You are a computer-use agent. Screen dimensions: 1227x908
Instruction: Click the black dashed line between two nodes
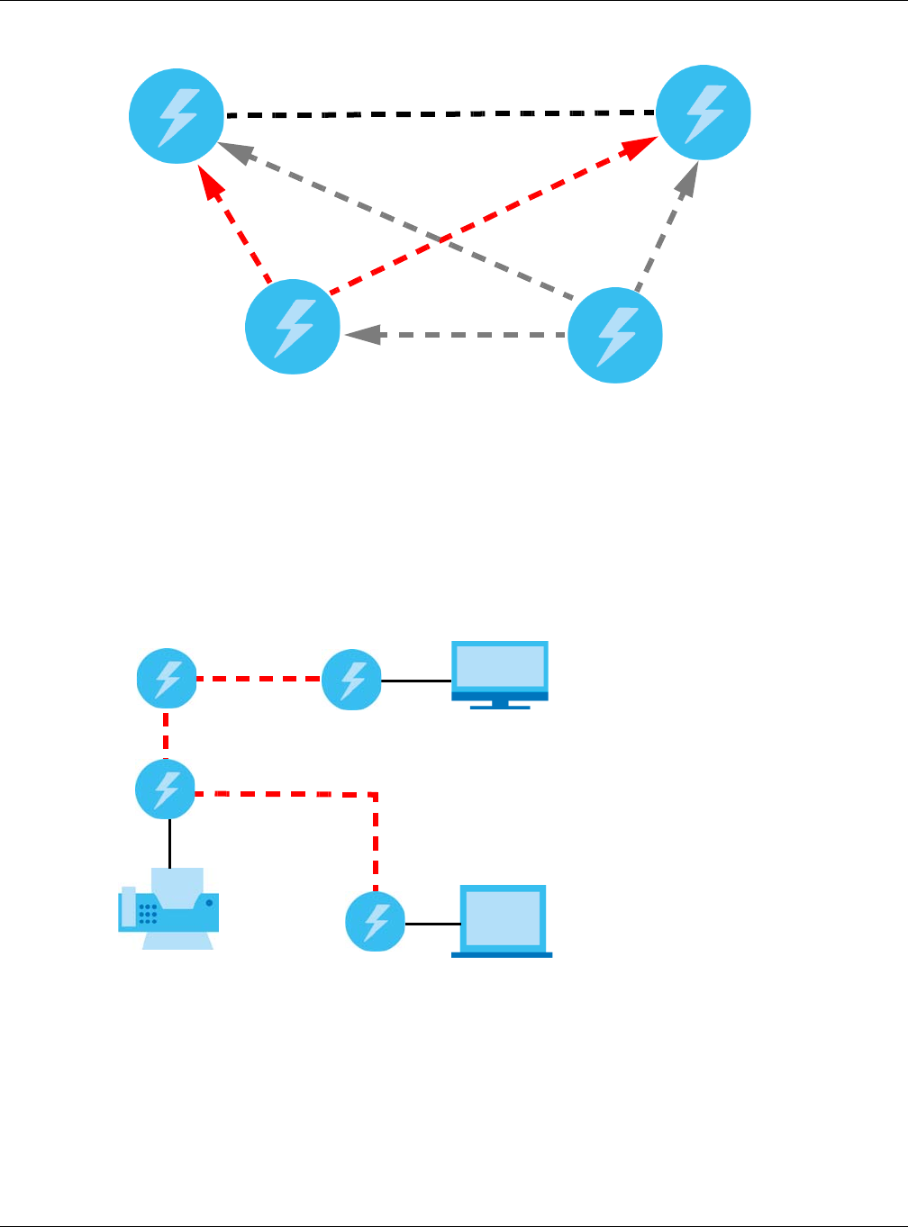pos(441,114)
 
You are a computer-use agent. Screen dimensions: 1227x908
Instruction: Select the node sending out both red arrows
pos(293,327)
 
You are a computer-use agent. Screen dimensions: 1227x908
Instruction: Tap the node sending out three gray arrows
pos(615,334)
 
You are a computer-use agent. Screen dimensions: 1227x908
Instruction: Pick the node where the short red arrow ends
pos(177,115)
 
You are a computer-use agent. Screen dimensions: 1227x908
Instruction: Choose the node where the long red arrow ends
pos(704,113)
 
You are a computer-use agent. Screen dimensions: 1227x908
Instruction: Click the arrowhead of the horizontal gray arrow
pos(359,335)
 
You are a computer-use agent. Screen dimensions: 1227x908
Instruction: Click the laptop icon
pos(502,920)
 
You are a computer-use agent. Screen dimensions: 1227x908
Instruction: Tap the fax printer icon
pos(168,909)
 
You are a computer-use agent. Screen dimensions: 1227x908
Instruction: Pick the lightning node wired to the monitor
pos(352,680)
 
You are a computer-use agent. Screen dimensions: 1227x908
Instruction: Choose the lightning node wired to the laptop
pos(376,922)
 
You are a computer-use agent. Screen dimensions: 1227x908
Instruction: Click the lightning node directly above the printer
pos(166,789)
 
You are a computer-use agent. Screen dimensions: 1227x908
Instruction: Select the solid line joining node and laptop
pos(429,924)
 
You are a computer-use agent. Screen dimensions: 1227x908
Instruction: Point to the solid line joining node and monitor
pos(416,681)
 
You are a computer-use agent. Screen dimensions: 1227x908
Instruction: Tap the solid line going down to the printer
pos(169,843)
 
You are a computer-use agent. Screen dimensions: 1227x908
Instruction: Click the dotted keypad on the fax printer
pos(148,915)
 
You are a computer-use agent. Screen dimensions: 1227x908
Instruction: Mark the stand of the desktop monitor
pos(500,703)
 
